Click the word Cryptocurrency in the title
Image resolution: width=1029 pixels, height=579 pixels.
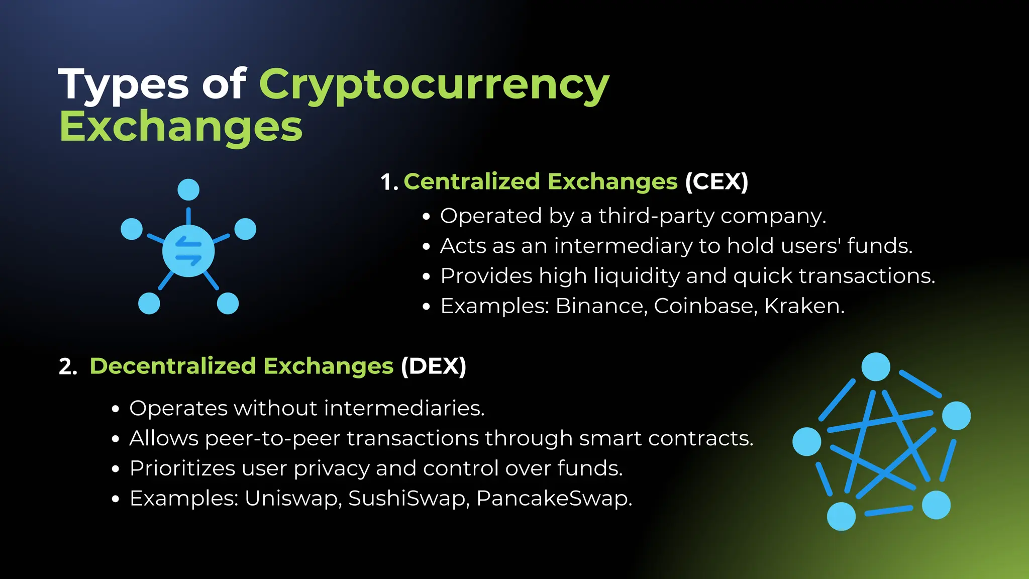tap(434, 84)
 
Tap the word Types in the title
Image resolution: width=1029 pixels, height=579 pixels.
tap(124, 84)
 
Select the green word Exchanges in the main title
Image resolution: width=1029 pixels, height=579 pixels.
tap(181, 127)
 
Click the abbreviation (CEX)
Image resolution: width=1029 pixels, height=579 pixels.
tap(716, 181)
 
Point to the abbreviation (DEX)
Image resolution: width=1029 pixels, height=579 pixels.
tap(434, 366)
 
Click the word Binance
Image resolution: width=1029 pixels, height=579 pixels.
tap(601, 306)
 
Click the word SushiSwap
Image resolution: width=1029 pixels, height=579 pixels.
tap(408, 499)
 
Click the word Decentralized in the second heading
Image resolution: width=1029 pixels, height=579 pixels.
tap(173, 366)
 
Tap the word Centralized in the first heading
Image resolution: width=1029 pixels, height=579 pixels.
tap(471, 181)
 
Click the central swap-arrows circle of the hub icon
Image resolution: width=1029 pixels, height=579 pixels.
tap(188, 251)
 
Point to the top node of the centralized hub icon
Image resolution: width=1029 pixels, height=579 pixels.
tap(188, 189)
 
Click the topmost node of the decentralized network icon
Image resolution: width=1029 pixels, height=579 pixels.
tap(876, 367)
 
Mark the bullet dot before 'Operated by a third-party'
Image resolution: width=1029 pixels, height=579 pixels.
tap(427, 217)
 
